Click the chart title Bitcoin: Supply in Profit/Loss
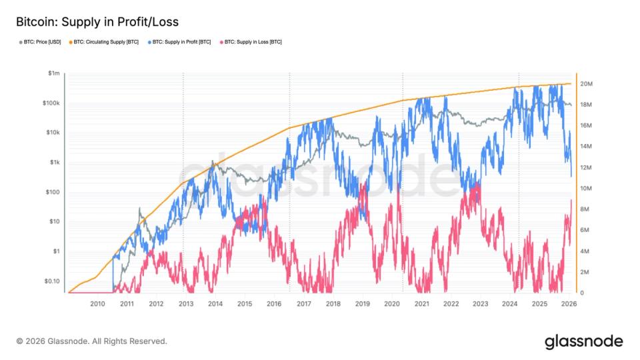97,23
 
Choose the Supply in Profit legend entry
181,42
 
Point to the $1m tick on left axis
53,73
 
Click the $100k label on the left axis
51,103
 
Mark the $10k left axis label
52,133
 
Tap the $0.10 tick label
51,281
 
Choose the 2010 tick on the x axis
97,304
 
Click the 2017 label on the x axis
303,304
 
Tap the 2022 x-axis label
451,304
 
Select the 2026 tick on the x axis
569,304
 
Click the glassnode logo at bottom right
583,341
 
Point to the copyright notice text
91,341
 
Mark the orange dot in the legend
69,42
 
